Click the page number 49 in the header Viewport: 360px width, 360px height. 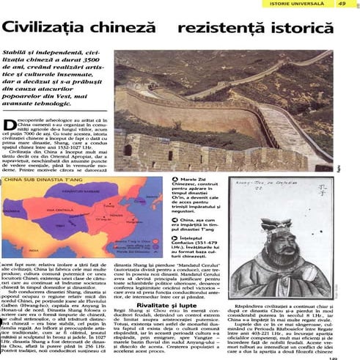tap(342, 4)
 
